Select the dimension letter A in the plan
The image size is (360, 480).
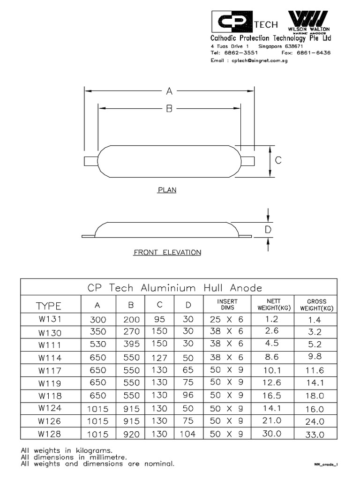tap(169, 91)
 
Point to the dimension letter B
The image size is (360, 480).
tap(169, 109)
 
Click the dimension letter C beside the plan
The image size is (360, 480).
tap(278, 160)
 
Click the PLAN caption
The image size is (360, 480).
tap(167, 190)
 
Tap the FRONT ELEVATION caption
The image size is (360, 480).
tap(167, 253)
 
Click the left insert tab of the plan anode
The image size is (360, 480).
tap(91, 161)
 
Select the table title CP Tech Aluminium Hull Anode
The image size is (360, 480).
tap(175, 287)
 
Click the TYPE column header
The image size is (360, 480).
tap(49, 306)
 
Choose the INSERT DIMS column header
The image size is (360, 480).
tap(227, 304)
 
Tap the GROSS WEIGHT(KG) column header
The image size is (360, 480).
tap(316, 304)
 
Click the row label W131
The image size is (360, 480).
tap(49, 320)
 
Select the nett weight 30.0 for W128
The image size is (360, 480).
tap(272, 434)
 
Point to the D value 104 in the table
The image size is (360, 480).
tap(187, 434)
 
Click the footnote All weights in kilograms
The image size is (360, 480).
tap(70, 450)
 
